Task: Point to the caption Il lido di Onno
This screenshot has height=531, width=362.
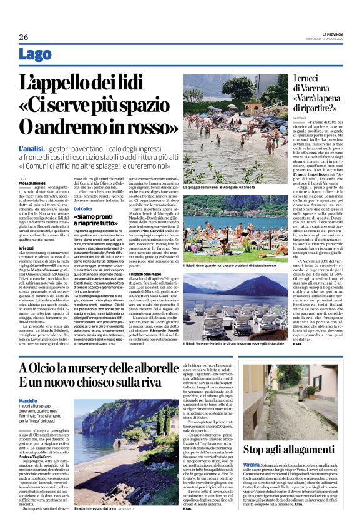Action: tap(231, 248)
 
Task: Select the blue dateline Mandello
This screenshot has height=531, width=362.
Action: tap(28, 400)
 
